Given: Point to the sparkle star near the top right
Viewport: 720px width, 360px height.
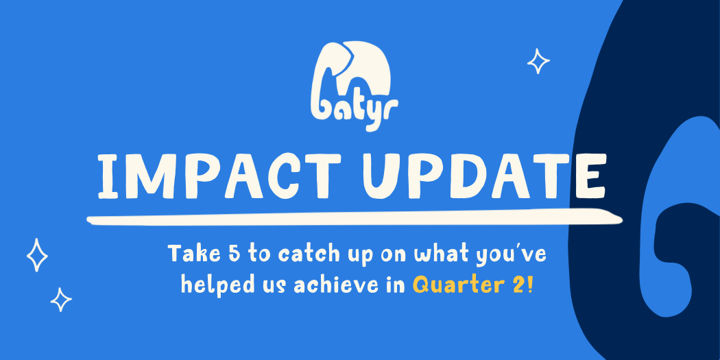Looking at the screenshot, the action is pyautogui.click(x=538, y=61).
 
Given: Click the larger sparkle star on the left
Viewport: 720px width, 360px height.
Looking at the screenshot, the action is pyautogui.click(x=37, y=255).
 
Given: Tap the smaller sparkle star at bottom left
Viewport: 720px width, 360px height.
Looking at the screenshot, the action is pyautogui.click(x=61, y=300).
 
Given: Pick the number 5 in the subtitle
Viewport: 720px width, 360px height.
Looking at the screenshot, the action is pyautogui.click(x=234, y=254).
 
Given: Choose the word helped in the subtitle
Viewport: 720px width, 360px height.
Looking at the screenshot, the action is pyautogui.click(x=217, y=285).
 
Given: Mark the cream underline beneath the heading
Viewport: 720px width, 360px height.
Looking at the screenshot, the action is pyautogui.click(x=355, y=217).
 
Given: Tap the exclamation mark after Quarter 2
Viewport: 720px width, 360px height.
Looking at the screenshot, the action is pyautogui.click(x=531, y=285).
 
